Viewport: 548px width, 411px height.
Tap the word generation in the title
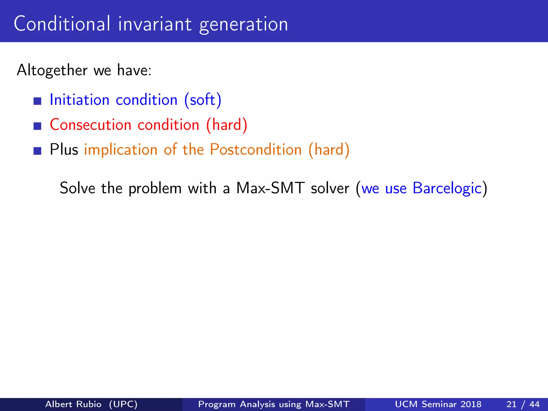pyautogui.click(x=243, y=25)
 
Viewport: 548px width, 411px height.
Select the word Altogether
pyautogui.click(x=52, y=70)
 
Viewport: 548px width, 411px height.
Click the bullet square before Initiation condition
pyautogui.click(x=37, y=101)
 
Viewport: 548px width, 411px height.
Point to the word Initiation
pyautogui.click(x=80, y=100)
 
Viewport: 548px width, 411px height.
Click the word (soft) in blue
pyautogui.click(x=203, y=100)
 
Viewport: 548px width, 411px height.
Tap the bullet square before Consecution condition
pyautogui.click(x=37, y=126)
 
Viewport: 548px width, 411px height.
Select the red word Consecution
pyautogui.click(x=90, y=125)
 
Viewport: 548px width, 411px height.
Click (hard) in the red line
pyautogui.click(x=227, y=125)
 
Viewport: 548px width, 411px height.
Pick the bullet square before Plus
pyautogui.click(x=37, y=151)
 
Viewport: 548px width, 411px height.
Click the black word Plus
pyautogui.click(x=64, y=149)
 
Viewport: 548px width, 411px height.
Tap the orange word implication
pyautogui.click(x=121, y=150)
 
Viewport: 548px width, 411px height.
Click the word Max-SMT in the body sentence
pyautogui.click(x=270, y=188)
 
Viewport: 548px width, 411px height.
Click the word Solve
pyautogui.click(x=78, y=188)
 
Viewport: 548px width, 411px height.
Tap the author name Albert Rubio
pyautogui.click(x=73, y=404)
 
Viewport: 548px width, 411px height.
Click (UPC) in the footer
pyautogui.click(x=123, y=404)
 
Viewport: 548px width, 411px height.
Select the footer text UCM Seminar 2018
pyautogui.click(x=438, y=404)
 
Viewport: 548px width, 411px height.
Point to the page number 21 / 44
pyautogui.click(x=523, y=404)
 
